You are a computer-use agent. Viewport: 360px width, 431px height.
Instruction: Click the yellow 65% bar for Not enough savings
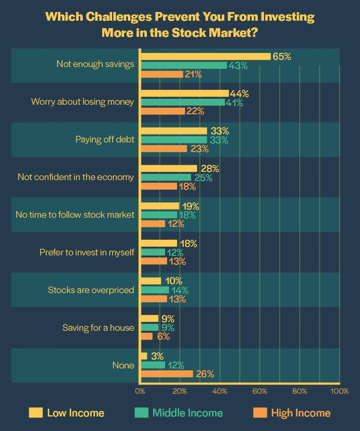[x=206, y=56]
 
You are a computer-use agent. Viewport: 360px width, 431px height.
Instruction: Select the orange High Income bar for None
[x=167, y=374]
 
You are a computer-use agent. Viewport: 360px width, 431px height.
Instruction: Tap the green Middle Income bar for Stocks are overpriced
[x=155, y=290]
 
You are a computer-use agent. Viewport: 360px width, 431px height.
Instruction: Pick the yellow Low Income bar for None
[x=144, y=356]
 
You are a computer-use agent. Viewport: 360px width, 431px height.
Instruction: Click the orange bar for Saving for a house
[x=147, y=336]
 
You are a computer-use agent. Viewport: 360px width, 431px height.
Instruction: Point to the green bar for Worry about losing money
[x=183, y=102]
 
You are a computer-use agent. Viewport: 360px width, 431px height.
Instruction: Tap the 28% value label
[x=209, y=169]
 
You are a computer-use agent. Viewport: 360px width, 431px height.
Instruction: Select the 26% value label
[x=205, y=374]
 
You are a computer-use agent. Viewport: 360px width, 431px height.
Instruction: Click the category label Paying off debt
[x=105, y=140]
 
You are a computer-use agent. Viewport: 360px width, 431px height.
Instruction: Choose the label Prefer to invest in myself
[x=87, y=252]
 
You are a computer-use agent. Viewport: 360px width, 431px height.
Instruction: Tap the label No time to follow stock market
[x=75, y=214]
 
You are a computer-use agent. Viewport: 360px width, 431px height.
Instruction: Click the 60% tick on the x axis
[x=260, y=391]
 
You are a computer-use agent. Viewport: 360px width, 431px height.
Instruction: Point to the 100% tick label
[x=339, y=391]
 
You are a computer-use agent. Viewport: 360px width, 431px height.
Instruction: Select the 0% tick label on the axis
[x=140, y=391]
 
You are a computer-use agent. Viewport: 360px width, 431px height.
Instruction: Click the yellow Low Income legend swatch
[x=36, y=412]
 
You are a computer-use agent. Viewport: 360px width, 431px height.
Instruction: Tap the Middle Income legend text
[x=187, y=413]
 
